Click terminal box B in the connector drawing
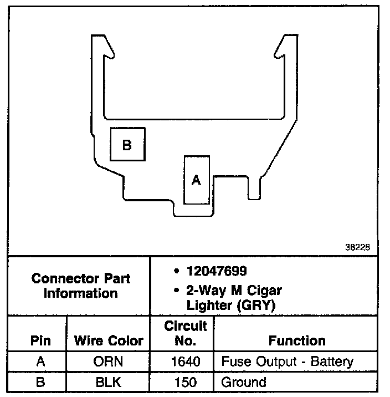(x=127, y=144)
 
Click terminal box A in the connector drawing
(x=196, y=180)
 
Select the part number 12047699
(x=217, y=272)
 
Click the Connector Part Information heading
(x=80, y=285)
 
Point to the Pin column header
(x=40, y=341)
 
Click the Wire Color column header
(x=109, y=341)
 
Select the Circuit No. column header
(x=186, y=333)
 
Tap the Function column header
(x=297, y=341)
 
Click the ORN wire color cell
(x=109, y=362)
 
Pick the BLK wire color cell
(x=109, y=381)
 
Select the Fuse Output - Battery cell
(x=287, y=362)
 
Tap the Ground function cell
(x=244, y=381)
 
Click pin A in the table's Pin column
(x=40, y=362)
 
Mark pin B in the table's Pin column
(x=40, y=381)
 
